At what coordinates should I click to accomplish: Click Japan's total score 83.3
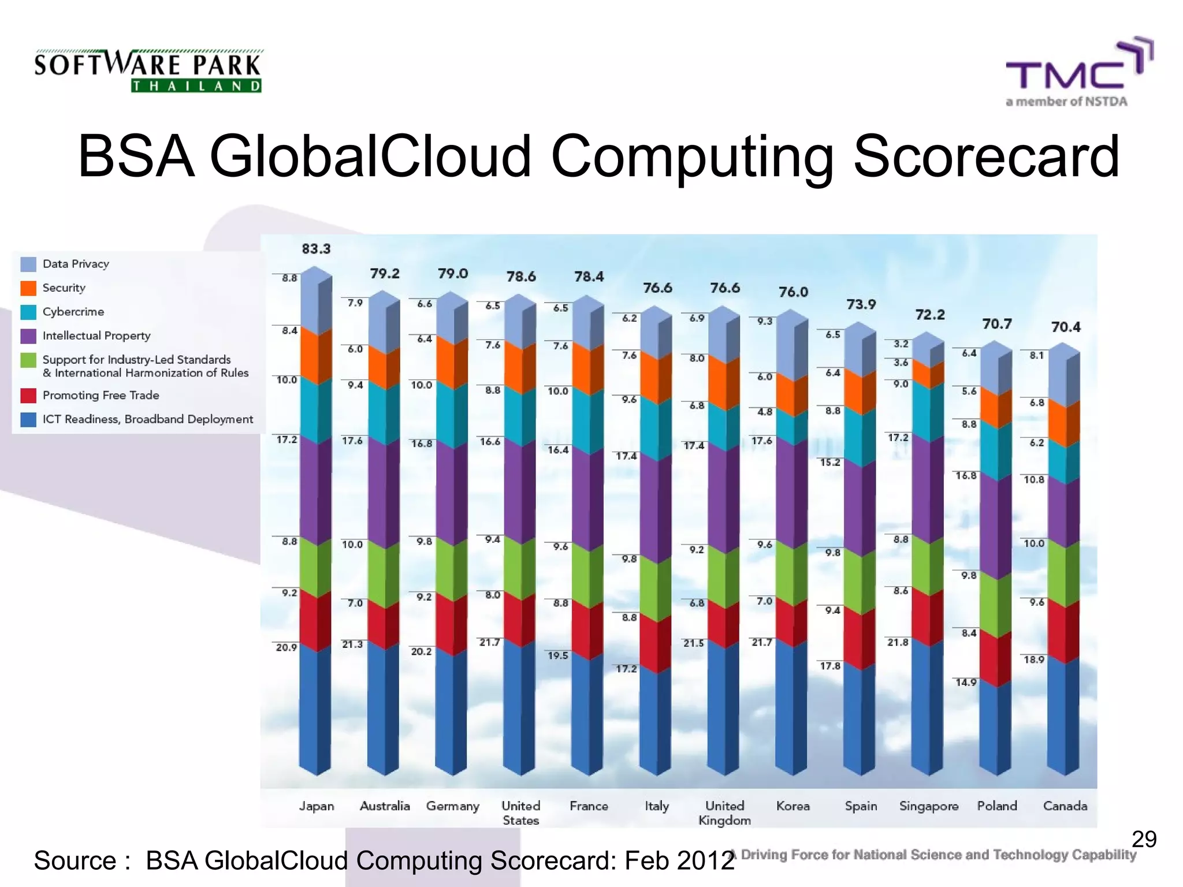click(316, 249)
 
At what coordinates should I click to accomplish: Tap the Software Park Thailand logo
click(148, 71)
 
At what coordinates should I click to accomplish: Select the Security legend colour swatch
click(28, 288)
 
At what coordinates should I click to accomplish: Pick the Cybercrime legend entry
click(73, 312)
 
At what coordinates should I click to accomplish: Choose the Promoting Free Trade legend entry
click(101, 396)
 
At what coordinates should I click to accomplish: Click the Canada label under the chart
click(1065, 806)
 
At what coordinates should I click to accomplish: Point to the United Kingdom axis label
click(724, 813)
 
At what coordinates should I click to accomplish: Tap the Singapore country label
click(928, 806)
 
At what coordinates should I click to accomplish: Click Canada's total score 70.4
click(1066, 327)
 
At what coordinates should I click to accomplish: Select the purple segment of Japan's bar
click(315, 491)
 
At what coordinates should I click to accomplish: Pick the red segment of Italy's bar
click(656, 644)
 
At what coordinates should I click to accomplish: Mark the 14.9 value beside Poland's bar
click(966, 683)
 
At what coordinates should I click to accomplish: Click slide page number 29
click(1144, 839)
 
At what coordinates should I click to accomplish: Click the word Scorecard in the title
click(986, 157)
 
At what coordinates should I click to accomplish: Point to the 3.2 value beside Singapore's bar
click(901, 344)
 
